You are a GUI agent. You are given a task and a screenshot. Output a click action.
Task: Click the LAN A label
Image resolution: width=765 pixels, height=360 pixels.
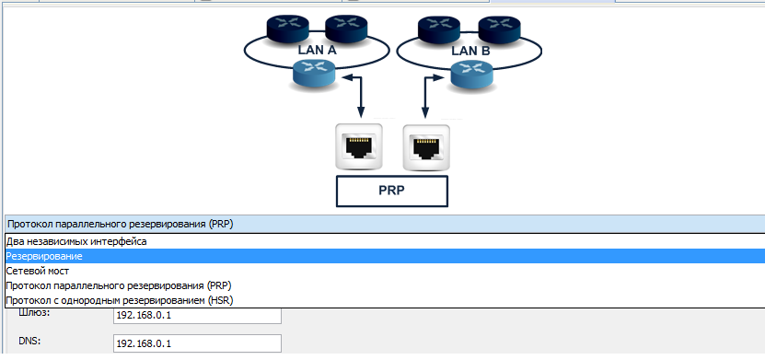(317, 50)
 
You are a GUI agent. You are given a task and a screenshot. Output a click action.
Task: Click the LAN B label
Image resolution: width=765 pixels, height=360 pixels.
(470, 51)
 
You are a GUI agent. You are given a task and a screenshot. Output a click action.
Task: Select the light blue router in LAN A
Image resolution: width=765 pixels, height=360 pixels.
(314, 75)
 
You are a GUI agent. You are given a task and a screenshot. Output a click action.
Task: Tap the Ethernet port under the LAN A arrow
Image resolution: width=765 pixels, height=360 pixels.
(359, 146)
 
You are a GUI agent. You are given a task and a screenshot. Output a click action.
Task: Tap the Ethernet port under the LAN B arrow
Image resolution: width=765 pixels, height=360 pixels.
(426, 148)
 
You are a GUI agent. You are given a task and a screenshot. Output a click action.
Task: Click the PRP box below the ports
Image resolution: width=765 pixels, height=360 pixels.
(392, 192)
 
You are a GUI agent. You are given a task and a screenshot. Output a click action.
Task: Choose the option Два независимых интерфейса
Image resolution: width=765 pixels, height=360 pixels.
(76, 241)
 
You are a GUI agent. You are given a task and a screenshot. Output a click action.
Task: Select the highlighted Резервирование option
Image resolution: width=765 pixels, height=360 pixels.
(44, 256)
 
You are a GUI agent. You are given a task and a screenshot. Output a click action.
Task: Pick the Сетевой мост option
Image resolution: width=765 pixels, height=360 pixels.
(38, 271)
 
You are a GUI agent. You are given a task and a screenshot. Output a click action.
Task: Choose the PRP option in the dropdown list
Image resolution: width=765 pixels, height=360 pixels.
(119, 285)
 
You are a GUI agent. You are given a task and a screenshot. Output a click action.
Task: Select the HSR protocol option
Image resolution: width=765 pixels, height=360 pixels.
(120, 300)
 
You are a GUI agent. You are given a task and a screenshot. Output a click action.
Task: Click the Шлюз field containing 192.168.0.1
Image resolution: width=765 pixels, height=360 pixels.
(197, 315)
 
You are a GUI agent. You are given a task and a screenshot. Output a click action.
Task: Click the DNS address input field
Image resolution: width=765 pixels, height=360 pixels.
(197, 343)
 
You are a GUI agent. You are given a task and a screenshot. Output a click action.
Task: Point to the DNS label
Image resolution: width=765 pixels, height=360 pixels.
(29, 342)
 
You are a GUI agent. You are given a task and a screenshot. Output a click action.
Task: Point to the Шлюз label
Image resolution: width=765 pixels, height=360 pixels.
(34, 313)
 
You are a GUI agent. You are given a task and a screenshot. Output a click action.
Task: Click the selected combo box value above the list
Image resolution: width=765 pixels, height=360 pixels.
(120, 225)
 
